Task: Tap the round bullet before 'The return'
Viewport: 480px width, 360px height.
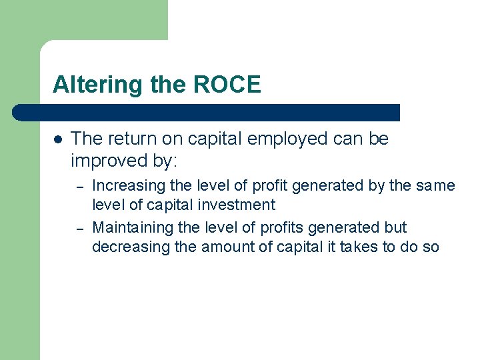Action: coord(58,140)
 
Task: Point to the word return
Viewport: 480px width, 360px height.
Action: coord(131,139)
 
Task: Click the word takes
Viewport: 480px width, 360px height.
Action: coord(361,247)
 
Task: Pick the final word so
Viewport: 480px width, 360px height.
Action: coord(432,247)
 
